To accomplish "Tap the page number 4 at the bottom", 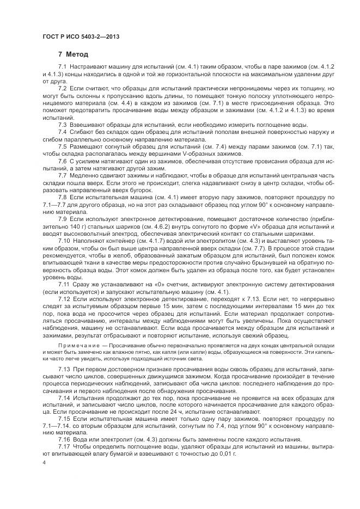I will [44, 462].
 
